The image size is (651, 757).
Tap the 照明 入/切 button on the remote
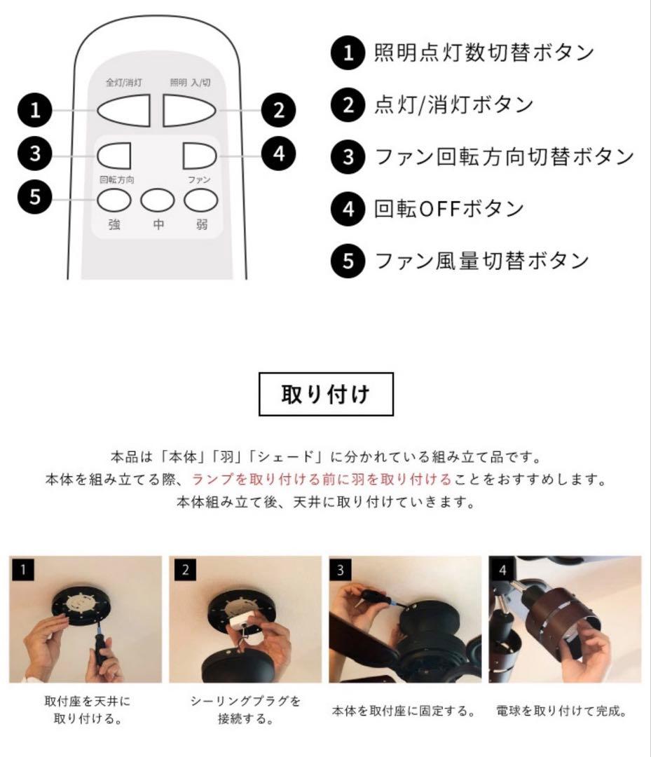(191, 109)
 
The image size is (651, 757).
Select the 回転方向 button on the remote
(115, 154)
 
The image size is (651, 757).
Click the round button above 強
(114, 201)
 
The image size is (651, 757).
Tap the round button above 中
(158, 201)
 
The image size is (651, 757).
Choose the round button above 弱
(201, 201)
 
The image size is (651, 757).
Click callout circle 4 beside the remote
(279, 154)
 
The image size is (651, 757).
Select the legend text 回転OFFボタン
(449, 209)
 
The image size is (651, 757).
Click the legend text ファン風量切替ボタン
(481, 261)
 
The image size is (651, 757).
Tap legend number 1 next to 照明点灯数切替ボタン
(348, 53)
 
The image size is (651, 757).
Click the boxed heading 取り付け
(326, 394)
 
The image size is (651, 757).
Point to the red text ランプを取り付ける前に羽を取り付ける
(322, 480)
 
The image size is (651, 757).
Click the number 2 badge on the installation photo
(185, 570)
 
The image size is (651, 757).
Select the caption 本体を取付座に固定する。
(404, 711)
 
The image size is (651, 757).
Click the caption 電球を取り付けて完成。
(561, 711)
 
